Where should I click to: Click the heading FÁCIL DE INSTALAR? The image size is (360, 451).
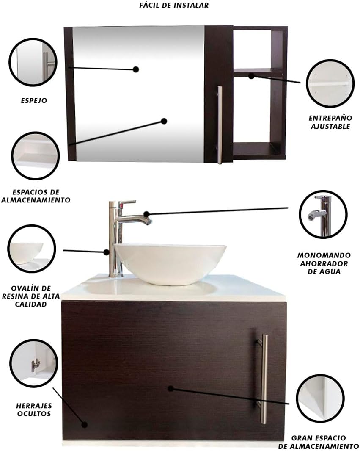point(174,5)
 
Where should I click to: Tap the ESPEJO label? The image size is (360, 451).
point(34,100)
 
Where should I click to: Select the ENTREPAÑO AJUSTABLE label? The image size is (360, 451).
point(330,122)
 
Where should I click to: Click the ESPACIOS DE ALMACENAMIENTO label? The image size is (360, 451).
point(36,196)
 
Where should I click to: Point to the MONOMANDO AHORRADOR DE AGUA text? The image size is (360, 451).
point(324,263)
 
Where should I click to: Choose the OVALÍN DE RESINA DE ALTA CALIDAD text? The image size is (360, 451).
point(31,296)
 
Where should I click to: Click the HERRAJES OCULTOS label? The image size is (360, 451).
point(34,409)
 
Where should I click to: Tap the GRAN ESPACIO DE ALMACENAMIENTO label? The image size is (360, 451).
point(319,442)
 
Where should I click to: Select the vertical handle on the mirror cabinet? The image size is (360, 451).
point(220,125)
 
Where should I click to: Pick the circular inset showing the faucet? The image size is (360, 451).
point(323,214)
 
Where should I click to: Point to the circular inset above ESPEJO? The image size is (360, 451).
point(33,62)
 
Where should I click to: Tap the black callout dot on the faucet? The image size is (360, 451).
point(146,214)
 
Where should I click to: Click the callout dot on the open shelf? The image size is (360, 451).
point(251,76)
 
